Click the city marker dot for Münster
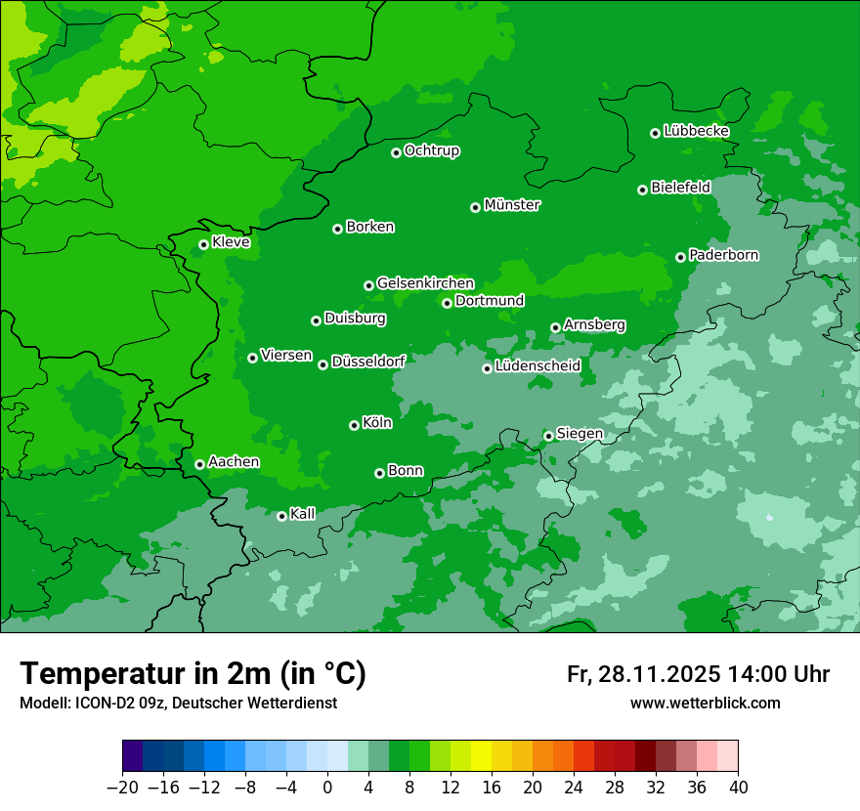[476, 207]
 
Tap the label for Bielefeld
[680, 187]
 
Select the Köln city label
[376, 423]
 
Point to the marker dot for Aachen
[199, 464]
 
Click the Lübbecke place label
[696, 131]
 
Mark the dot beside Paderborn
[681, 257]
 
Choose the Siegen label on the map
[580, 434]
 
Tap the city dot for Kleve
[203, 244]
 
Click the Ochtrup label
[431, 150]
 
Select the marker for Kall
[281, 516]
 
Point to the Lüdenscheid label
[537, 366]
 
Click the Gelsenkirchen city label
[425, 283]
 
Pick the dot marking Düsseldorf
[322, 364]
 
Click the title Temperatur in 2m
[193, 673]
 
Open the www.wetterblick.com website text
[705, 704]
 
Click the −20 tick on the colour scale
[122, 788]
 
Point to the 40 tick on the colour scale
[738, 788]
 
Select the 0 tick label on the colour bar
[327, 788]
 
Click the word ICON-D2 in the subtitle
[99, 704]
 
